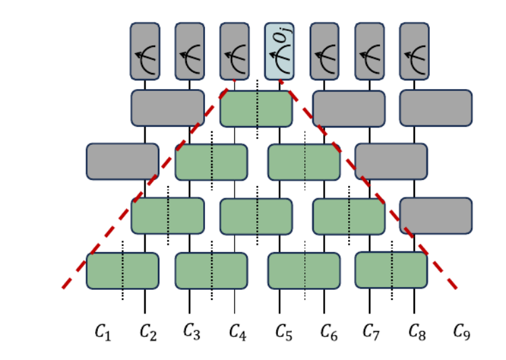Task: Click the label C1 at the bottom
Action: coord(102,331)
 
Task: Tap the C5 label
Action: coord(283,331)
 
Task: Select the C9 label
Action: coord(461,331)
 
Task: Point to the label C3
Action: coord(192,331)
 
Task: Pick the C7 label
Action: coord(371,331)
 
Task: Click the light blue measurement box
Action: coord(279,51)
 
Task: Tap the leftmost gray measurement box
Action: coord(145,51)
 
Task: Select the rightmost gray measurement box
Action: coord(414,51)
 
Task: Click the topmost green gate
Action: coord(256,109)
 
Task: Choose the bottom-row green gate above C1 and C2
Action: coord(122,270)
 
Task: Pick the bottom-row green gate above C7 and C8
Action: coord(391,270)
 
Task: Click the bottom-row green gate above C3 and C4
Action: coord(211,270)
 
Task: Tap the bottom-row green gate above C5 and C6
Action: coord(304,270)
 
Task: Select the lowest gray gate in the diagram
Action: coord(436,216)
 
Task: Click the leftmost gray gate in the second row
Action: coord(122,162)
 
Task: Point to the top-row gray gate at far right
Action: coord(436,108)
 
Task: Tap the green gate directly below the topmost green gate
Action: coord(256,216)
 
